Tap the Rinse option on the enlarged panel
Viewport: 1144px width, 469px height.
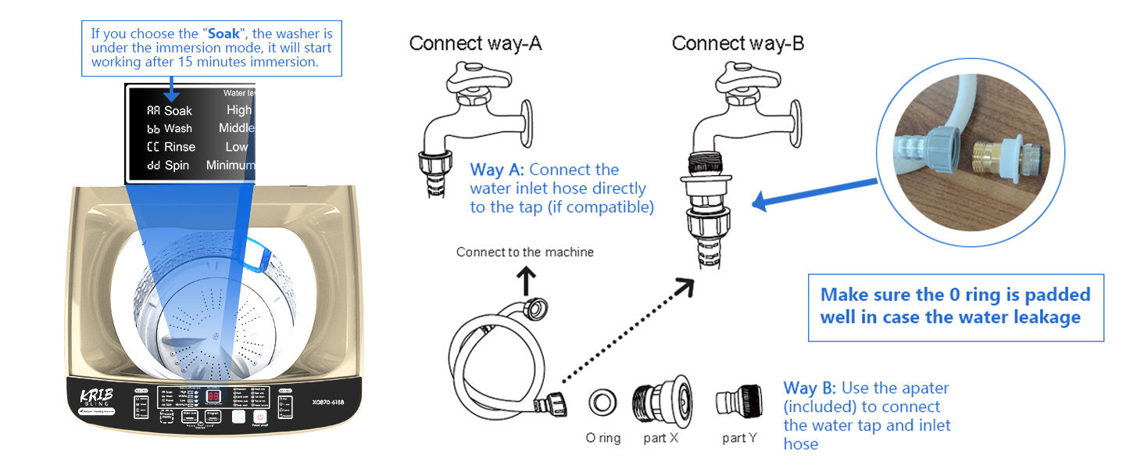click(179, 147)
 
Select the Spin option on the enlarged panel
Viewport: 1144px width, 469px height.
click(177, 166)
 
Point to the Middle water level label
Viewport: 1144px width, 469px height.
click(237, 128)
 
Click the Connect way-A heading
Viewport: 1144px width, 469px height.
click(475, 43)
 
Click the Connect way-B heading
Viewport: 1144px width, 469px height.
click(738, 43)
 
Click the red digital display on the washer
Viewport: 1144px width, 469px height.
click(213, 397)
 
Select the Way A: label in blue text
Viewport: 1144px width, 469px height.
click(497, 170)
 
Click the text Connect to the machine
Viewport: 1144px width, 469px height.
click(524, 252)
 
